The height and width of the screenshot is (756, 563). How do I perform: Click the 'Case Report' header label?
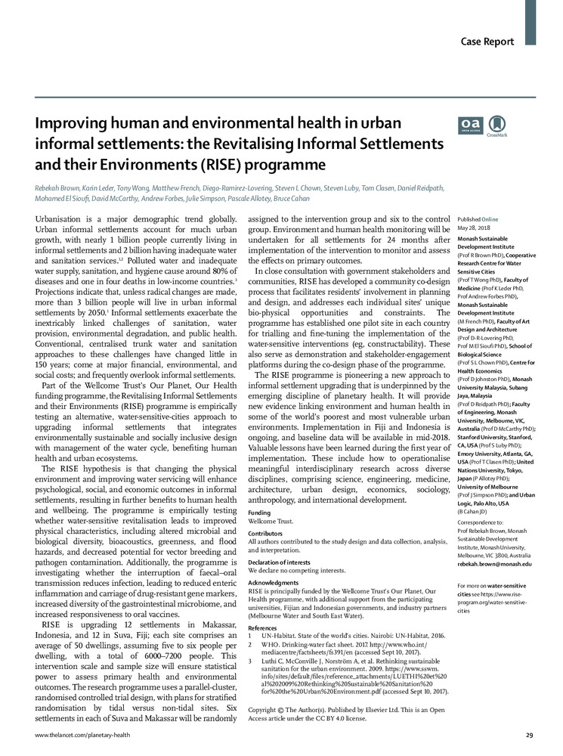(488, 20)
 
